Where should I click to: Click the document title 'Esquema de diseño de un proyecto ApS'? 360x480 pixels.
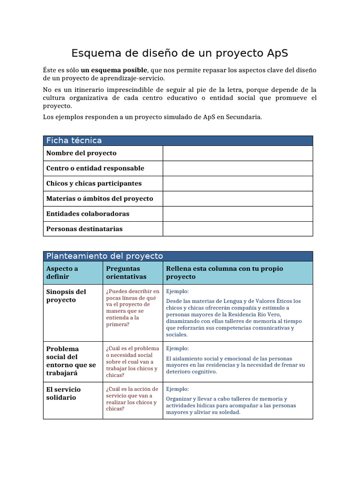pyautogui.click(x=180, y=53)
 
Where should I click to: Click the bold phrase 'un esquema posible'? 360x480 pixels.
pyautogui.click(x=114, y=70)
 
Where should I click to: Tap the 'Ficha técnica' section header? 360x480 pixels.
pyautogui.click(x=74, y=141)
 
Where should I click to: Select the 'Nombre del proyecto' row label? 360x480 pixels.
pyautogui.click(x=81, y=153)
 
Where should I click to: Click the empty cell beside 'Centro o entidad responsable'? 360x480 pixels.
pyautogui.click(x=237, y=168)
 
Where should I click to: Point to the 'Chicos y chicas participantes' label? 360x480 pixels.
pyautogui.click(x=94, y=183)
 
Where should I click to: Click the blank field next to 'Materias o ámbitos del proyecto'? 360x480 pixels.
pyautogui.click(x=237, y=199)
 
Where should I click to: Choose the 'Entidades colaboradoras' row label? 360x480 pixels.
pyautogui.click(x=88, y=214)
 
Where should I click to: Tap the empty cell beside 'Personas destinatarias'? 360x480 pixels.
pyautogui.click(x=237, y=229)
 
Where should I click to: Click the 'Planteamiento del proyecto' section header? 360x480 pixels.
pyautogui.click(x=105, y=256)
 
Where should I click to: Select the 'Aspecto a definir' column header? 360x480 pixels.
pyautogui.click(x=62, y=273)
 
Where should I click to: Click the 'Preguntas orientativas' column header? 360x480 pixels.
pyautogui.click(x=126, y=273)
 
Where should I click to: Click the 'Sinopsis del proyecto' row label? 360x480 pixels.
pyautogui.click(x=66, y=296)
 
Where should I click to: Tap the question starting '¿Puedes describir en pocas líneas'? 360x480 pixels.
pyautogui.click(x=133, y=307)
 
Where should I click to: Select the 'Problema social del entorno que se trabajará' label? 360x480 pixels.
pyautogui.click(x=71, y=361)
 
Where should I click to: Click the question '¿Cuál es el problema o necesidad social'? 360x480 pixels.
pyautogui.click(x=133, y=361)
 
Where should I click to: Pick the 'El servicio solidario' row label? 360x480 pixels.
pyautogui.click(x=63, y=393)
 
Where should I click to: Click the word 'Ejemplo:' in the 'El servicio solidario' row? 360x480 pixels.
pyautogui.click(x=178, y=389)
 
